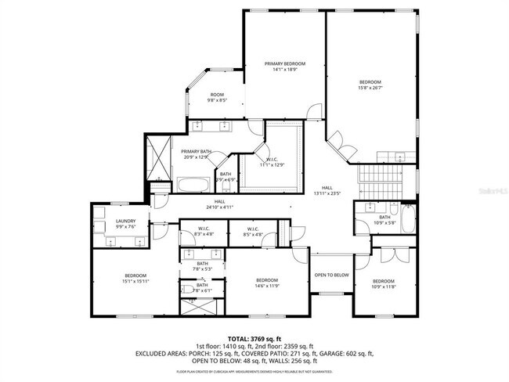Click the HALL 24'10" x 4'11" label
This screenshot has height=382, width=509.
pos(221,205)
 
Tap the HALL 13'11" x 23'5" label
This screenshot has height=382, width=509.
pos(327,190)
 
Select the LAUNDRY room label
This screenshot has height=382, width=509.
pos(127,224)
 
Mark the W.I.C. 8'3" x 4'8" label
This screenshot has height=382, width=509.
pos(198,231)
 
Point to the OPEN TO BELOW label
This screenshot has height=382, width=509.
pos(331,275)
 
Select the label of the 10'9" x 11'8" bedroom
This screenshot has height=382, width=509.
pos(384,283)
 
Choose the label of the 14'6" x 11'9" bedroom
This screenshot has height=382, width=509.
pos(267,283)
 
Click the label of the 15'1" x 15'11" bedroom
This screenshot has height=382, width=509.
pos(135,278)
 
